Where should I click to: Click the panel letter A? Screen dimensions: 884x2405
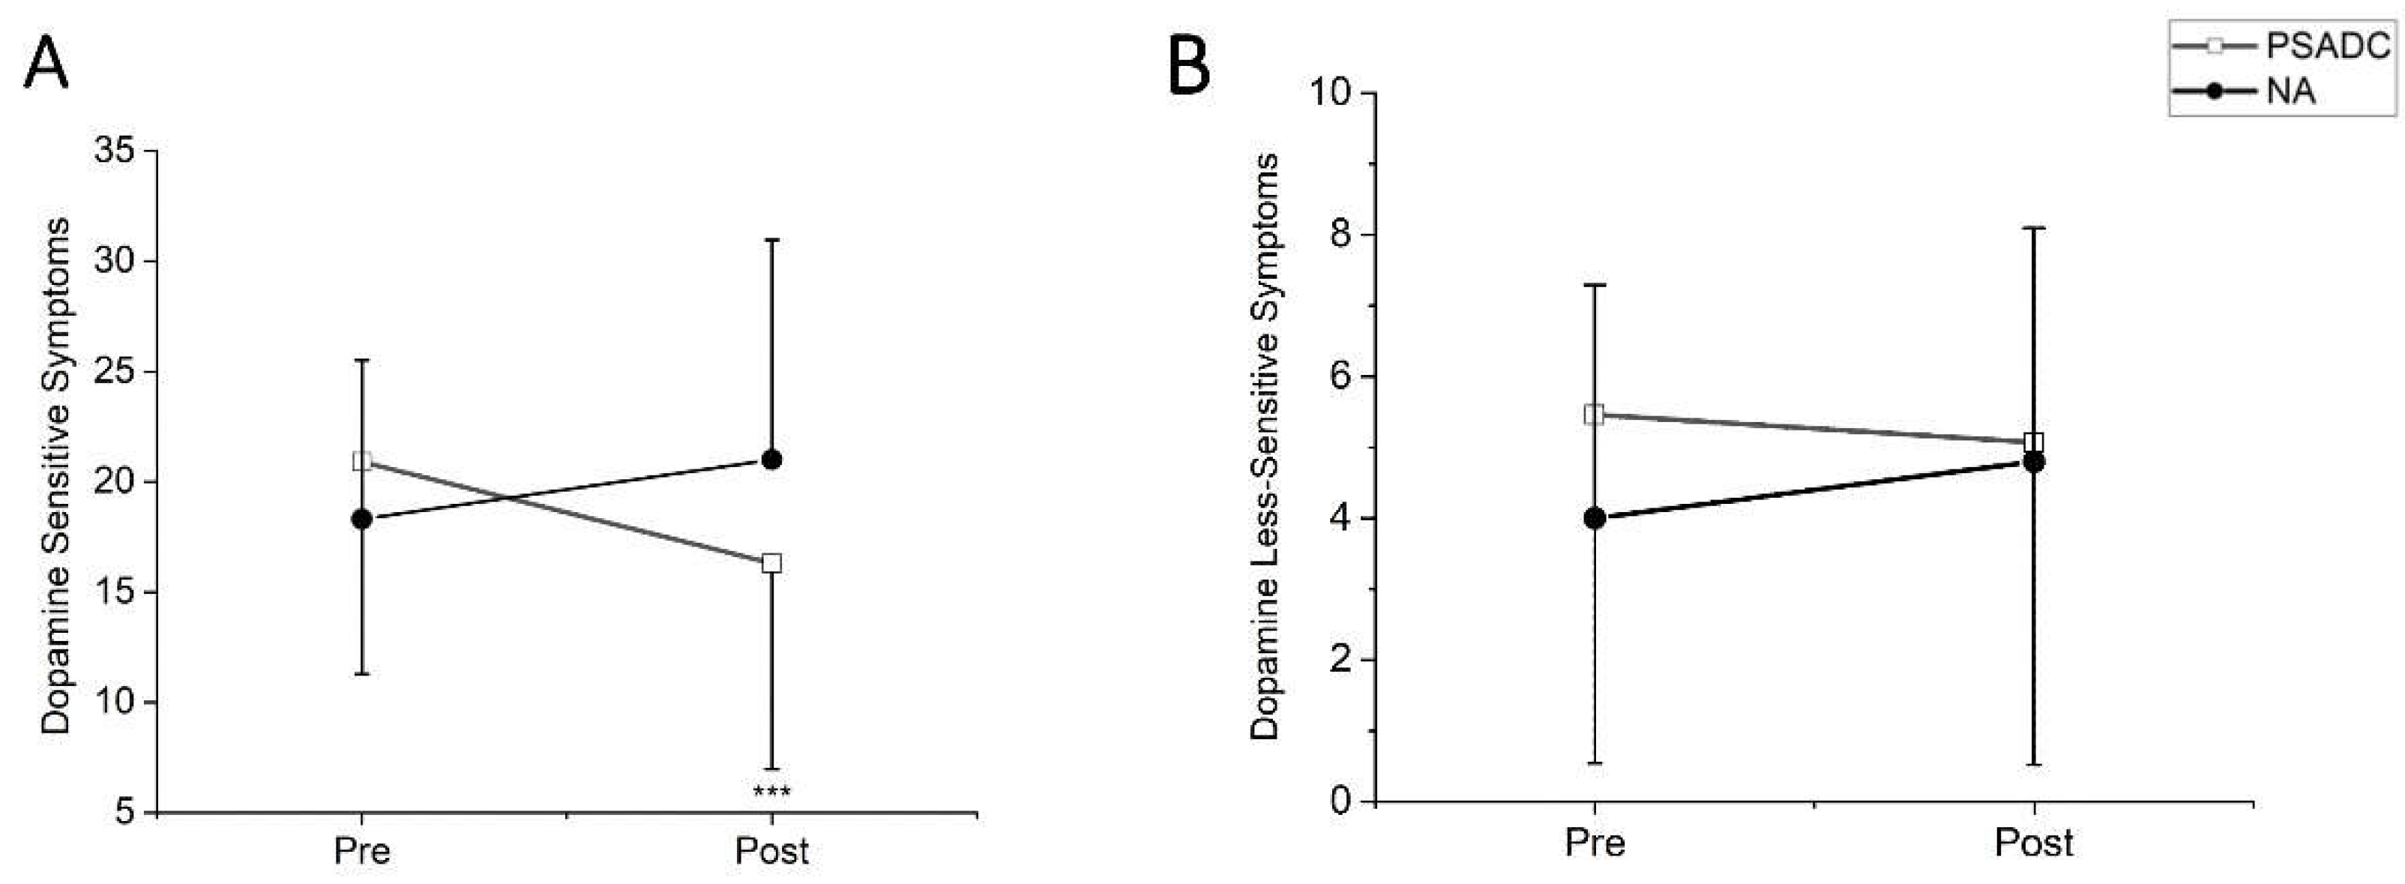pos(46,64)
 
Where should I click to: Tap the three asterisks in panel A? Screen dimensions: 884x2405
pos(771,793)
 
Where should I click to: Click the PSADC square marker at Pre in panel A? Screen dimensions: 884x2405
pos(362,461)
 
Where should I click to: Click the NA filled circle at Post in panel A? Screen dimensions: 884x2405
pos(772,460)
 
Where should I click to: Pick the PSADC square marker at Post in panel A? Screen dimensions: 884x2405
pos(772,563)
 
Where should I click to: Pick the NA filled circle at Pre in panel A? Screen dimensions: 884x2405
pos(362,519)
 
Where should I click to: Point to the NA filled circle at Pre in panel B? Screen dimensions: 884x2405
pos(1595,518)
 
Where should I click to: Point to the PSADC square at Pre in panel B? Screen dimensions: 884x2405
pos(1595,415)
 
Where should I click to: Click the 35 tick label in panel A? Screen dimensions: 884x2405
pos(113,151)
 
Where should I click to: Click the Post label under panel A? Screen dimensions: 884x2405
pos(771,851)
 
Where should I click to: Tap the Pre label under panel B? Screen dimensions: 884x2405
pos(1595,843)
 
